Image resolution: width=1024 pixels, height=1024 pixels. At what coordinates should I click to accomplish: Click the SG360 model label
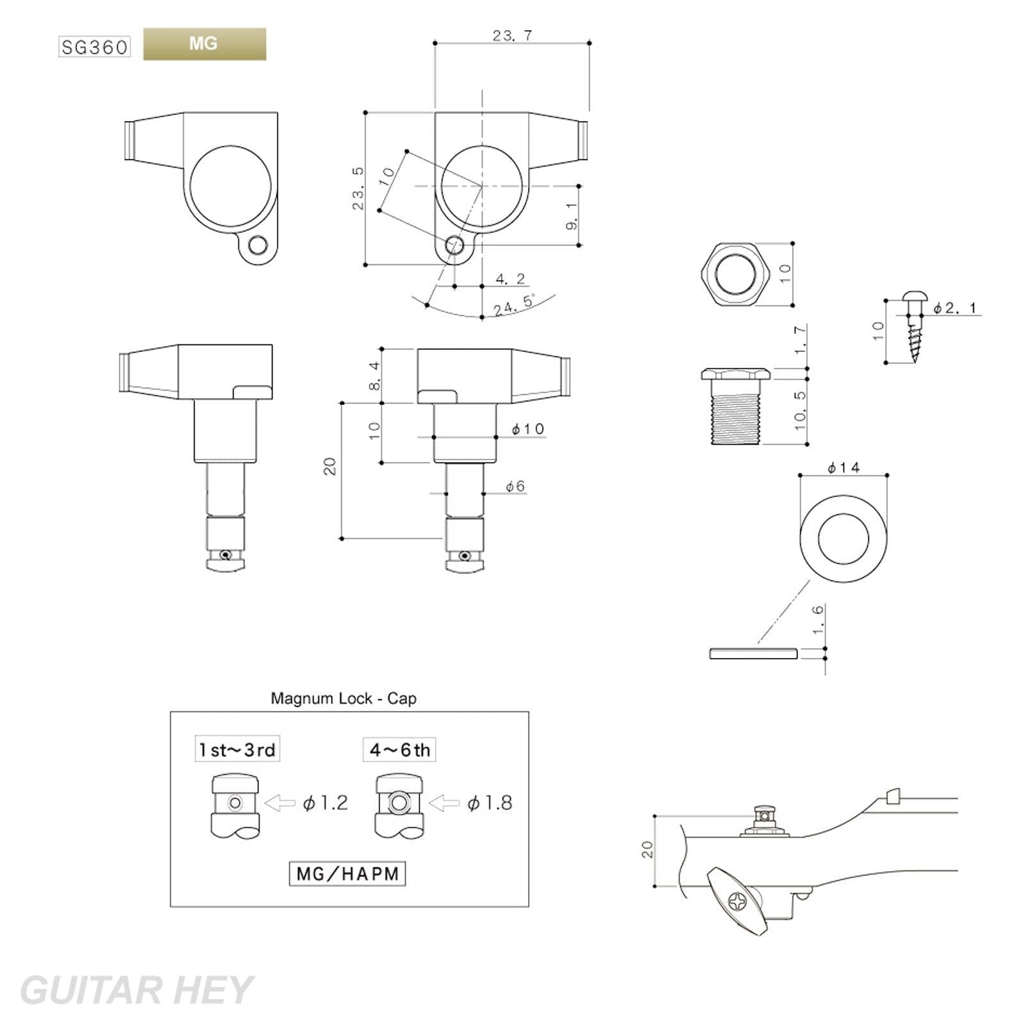tap(95, 47)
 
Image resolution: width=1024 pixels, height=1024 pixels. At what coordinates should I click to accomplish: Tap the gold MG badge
tap(204, 44)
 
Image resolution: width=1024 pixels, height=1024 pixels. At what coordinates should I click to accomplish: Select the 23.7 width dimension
tap(512, 36)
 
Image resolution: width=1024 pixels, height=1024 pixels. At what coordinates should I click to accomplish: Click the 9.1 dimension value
tap(572, 215)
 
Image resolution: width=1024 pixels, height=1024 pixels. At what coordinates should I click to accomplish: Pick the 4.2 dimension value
tap(510, 279)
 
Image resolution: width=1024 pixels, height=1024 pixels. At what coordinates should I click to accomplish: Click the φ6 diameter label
tap(515, 486)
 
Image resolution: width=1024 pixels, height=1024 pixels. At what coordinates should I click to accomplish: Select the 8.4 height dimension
tap(374, 376)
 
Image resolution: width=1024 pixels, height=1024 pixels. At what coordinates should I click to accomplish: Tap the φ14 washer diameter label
tap(844, 468)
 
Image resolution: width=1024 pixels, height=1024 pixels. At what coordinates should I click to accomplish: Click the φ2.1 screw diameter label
tap(955, 308)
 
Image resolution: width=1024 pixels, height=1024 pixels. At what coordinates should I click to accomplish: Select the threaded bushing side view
tap(735, 406)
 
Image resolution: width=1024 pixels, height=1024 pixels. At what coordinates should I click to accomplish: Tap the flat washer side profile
tap(753, 653)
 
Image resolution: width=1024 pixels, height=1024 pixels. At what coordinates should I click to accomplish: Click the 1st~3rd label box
tap(237, 749)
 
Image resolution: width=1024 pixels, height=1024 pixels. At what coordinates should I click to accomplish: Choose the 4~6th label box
tap(399, 749)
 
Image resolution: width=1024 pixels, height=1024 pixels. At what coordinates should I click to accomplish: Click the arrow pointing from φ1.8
tap(444, 803)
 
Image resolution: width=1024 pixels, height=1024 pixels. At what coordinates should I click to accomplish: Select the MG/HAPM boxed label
tap(348, 874)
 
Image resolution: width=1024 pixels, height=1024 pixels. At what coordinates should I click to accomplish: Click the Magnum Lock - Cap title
tap(344, 698)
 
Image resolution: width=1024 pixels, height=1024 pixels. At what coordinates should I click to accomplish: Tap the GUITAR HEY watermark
tap(136, 990)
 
